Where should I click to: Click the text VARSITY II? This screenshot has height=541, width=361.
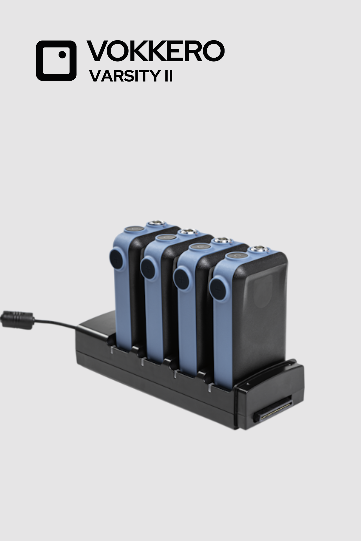tap(131, 76)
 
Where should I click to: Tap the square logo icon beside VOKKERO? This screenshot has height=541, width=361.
tap(56, 60)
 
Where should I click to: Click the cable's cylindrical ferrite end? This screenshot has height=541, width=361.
tap(17, 320)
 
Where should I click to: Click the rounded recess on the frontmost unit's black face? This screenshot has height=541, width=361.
tap(263, 291)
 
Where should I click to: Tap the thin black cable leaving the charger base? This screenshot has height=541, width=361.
tap(56, 323)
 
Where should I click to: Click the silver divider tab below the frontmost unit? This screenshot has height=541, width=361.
tap(210, 388)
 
